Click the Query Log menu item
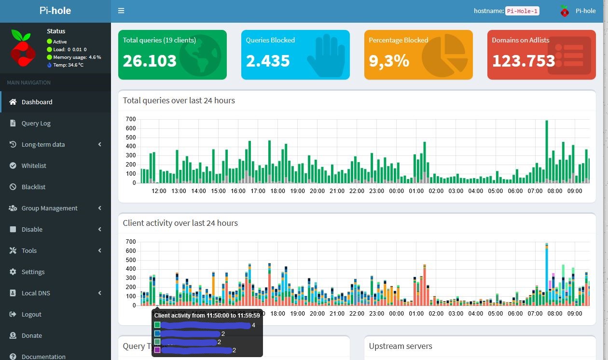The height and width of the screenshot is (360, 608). (36, 123)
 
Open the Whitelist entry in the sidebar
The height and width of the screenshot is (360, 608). (34, 166)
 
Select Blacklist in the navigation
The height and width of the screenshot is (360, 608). (33, 187)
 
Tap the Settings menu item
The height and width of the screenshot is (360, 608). (33, 272)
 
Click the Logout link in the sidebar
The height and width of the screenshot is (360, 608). (31, 314)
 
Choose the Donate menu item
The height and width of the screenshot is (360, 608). (31, 335)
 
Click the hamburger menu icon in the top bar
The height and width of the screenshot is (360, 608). (121, 11)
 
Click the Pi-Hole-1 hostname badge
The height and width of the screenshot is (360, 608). (522, 11)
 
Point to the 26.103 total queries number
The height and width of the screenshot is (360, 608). (150, 61)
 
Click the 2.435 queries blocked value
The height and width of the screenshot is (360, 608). (268, 61)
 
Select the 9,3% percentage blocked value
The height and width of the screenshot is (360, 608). (389, 61)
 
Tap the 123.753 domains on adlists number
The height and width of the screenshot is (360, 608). (524, 61)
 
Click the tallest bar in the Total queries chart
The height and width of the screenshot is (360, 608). (547, 152)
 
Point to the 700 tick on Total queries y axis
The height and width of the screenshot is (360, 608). (131, 119)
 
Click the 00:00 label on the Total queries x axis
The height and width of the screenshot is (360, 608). (396, 191)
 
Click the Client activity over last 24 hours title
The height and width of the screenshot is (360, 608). (180, 223)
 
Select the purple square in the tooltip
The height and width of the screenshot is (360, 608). (157, 350)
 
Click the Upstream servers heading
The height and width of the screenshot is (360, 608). (401, 346)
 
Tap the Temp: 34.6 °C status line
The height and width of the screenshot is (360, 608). (68, 65)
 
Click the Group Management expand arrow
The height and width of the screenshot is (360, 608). (100, 208)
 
